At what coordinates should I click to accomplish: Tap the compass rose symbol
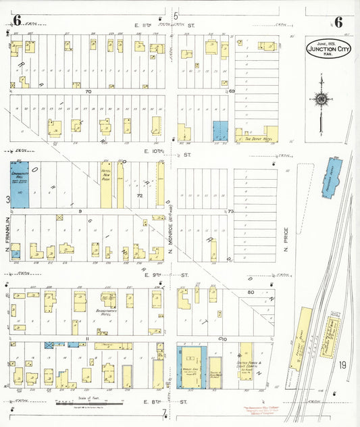322,100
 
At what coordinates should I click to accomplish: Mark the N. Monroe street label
171,236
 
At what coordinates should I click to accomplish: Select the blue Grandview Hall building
20,184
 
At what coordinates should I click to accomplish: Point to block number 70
88,91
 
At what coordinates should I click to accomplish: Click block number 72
140,195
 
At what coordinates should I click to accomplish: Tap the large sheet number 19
343,366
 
